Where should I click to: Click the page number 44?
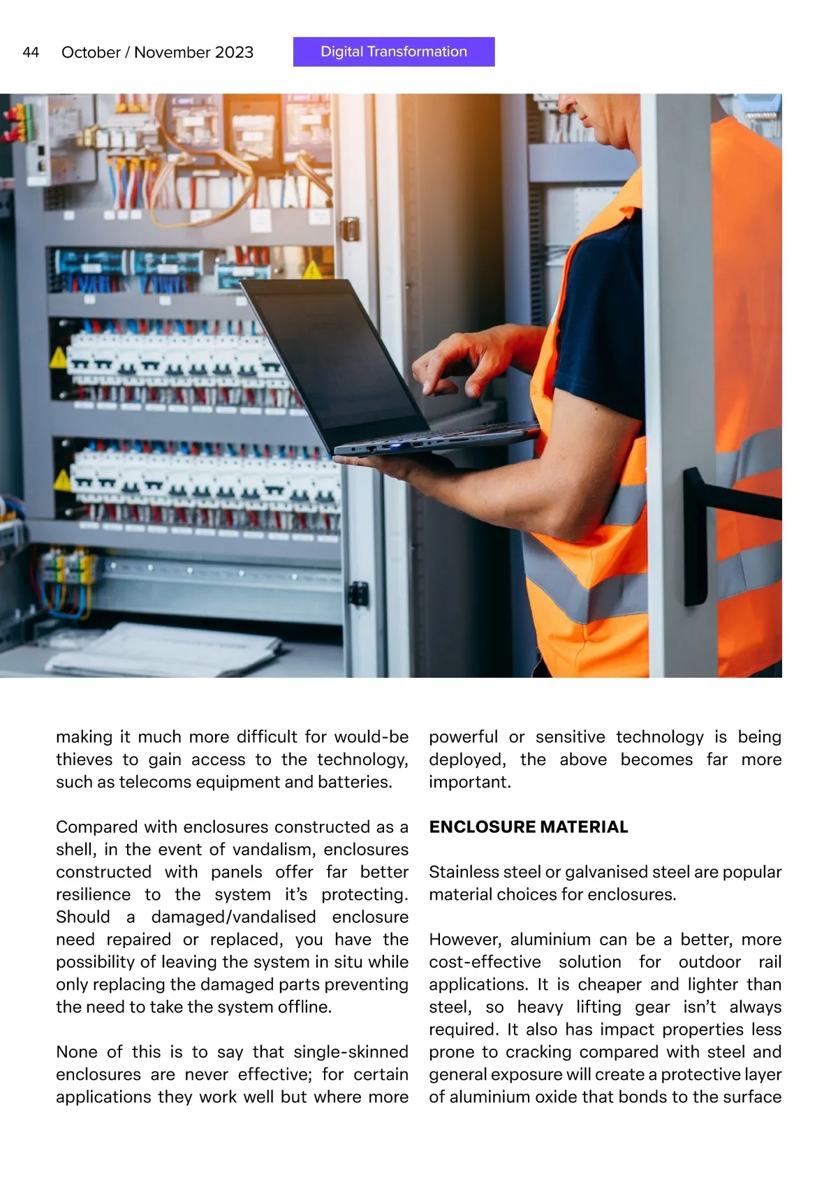[31, 52]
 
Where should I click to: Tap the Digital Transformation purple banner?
[394, 52]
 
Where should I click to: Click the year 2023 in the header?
[234, 52]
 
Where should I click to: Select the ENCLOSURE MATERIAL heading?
[529, 827]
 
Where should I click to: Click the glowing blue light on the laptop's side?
[394, 445]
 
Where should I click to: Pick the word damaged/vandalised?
[233, 917]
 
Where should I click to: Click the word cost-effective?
[485, 962]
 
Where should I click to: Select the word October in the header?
[91, 52]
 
